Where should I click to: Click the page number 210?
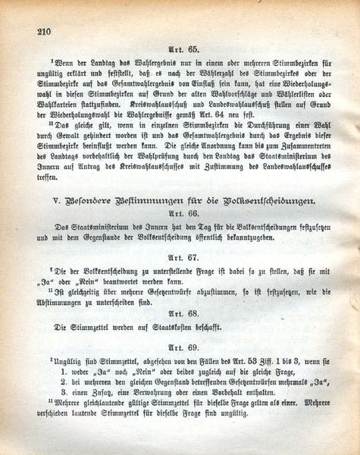coord(42,31)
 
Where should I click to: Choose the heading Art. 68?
coord(185,312)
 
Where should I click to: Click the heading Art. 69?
coord(185,347)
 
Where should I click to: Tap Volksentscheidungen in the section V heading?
coord(265,199)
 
